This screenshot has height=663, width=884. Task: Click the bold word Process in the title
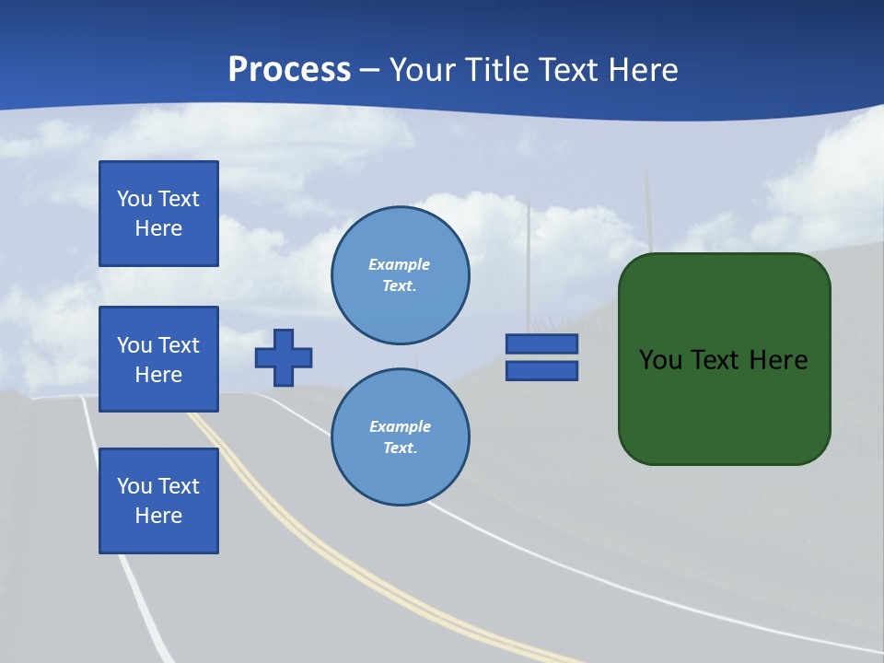coord(289,70)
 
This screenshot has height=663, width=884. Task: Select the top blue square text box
coord(158,214)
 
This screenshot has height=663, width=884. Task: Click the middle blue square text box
coord(158,359)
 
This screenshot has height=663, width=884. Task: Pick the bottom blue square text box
coord(158,501)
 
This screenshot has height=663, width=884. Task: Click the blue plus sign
coord(284,357)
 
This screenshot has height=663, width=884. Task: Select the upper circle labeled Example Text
coord(401,275)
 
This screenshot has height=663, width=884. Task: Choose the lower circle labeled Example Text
coord(401,437)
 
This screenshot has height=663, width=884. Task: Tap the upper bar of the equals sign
coord(541,344)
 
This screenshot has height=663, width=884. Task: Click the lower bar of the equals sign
coord(541,370)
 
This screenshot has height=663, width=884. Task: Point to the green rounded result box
coord(725,405)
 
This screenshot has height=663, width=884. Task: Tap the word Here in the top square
coord(158,228)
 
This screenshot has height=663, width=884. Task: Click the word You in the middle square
coord(134,345)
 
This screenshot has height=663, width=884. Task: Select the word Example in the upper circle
coord(400,264)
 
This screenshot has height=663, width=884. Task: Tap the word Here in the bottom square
coord(158,516)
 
